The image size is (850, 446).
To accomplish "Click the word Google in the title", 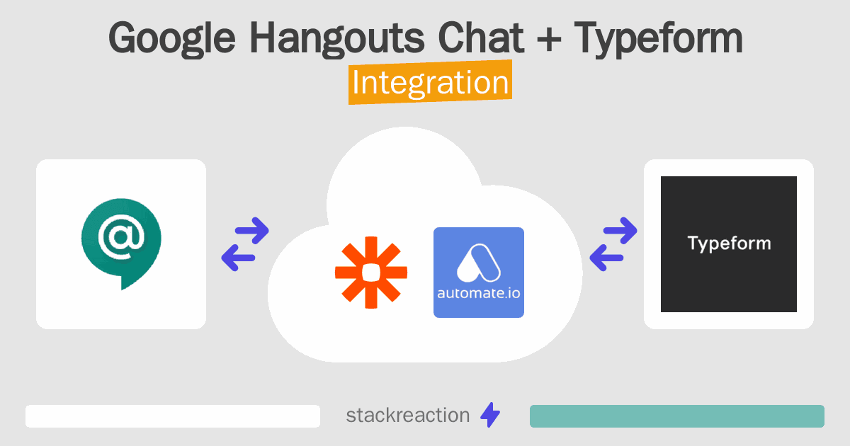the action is pos(172,39).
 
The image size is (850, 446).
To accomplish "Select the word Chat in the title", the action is pos(481,37).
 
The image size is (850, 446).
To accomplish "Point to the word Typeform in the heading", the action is pos(658,39).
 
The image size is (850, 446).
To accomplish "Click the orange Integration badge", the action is pos(431,82).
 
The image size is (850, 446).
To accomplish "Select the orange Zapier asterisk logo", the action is pos(371,273).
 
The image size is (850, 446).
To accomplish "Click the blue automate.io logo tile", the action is pos(479,273).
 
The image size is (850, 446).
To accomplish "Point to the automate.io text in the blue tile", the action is pos(479,293).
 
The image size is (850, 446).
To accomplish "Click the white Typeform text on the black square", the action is pos(729,244).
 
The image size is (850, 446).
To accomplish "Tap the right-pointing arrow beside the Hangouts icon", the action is pos(252,230).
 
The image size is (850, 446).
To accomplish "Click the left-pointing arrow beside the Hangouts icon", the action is pos(238,258).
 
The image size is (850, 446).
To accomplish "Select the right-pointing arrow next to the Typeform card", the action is pos(620,230).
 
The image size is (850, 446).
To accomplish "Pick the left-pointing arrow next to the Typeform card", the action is pos(606,258).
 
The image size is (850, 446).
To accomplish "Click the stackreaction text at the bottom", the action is pos(408,416).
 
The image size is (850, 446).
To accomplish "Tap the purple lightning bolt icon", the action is pos(490,415).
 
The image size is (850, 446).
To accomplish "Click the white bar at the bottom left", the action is pos(173,416).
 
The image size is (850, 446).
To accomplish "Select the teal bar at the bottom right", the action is pos(677,416).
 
